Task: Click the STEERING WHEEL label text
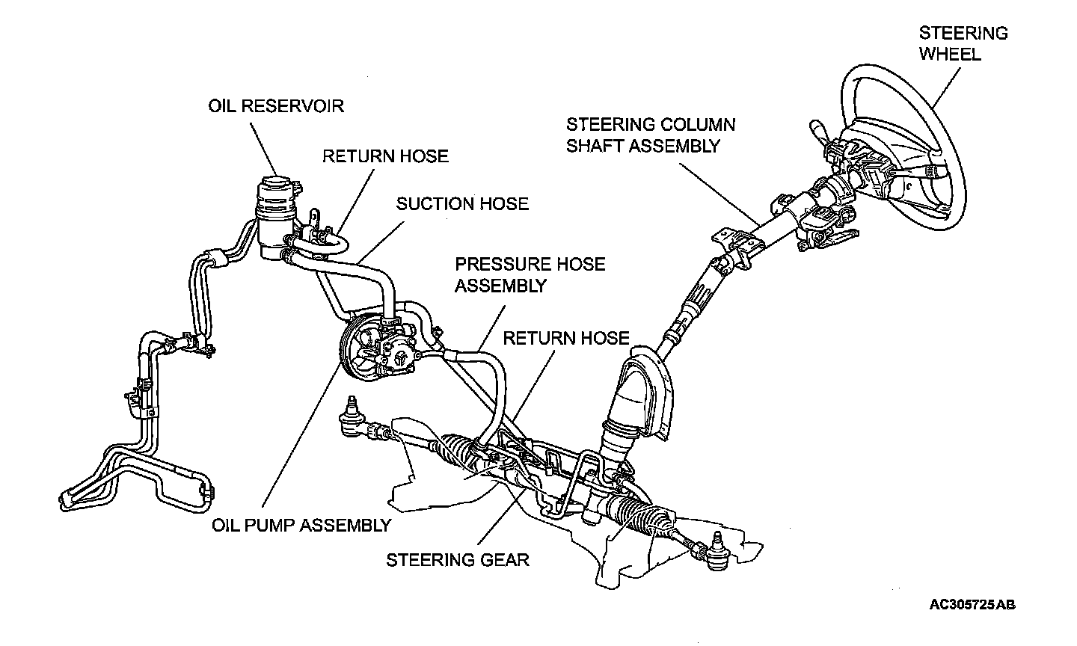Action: click(963, 43)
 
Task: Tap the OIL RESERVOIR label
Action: click(275, 105)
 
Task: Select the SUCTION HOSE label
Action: click(461, 203)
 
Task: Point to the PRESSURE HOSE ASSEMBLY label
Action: click(530, 274)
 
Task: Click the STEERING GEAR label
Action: click(457, 559)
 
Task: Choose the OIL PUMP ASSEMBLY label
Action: click(301, 525)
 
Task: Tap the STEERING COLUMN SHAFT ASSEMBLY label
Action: click(650, 135)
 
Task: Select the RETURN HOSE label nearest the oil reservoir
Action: click(385, 156)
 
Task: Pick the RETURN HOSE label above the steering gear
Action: click(565, 338)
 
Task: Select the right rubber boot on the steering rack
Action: click(645, 520)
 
